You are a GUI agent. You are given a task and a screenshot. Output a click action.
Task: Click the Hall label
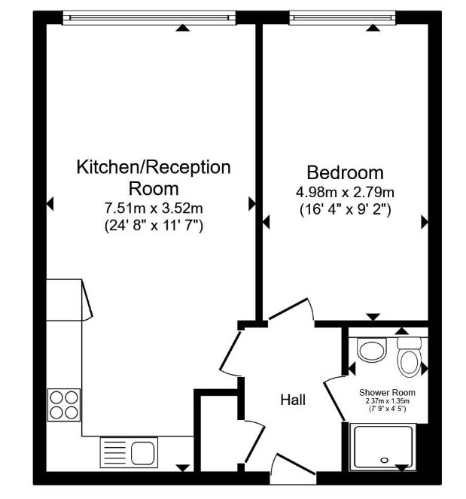click(293, 400)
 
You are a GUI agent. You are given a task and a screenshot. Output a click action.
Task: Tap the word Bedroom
click(345, 172)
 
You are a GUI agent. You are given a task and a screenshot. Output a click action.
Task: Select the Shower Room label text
click(387, 392)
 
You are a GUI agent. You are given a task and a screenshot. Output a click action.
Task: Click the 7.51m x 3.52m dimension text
click(154, 208)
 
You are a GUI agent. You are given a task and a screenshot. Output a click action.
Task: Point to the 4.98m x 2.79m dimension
click(346, 192)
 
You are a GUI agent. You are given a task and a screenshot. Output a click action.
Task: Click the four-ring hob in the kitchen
click(64, 405)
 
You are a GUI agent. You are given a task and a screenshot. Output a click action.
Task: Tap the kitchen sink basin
click(143, 452)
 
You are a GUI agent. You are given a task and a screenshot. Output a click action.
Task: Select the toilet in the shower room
click(409, 357)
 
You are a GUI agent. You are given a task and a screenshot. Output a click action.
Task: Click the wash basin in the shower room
click(372, 350)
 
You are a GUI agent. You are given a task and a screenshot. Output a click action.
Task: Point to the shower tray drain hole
click(385, 460)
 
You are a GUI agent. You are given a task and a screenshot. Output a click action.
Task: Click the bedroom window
click(343, 18)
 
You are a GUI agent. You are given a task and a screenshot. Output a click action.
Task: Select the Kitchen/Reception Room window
click(149, 18)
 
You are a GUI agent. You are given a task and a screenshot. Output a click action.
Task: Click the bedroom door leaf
click(288, 309)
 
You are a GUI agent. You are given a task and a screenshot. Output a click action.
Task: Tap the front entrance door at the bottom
click(295, 464)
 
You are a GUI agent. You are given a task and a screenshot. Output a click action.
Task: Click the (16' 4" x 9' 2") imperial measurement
click(346, 210)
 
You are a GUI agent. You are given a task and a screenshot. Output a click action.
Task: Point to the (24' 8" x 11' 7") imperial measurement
click(154, 226)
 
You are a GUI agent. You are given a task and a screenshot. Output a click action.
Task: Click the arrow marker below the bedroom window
click(373, 28)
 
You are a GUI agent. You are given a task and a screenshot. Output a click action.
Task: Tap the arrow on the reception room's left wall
click(50, 204)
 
